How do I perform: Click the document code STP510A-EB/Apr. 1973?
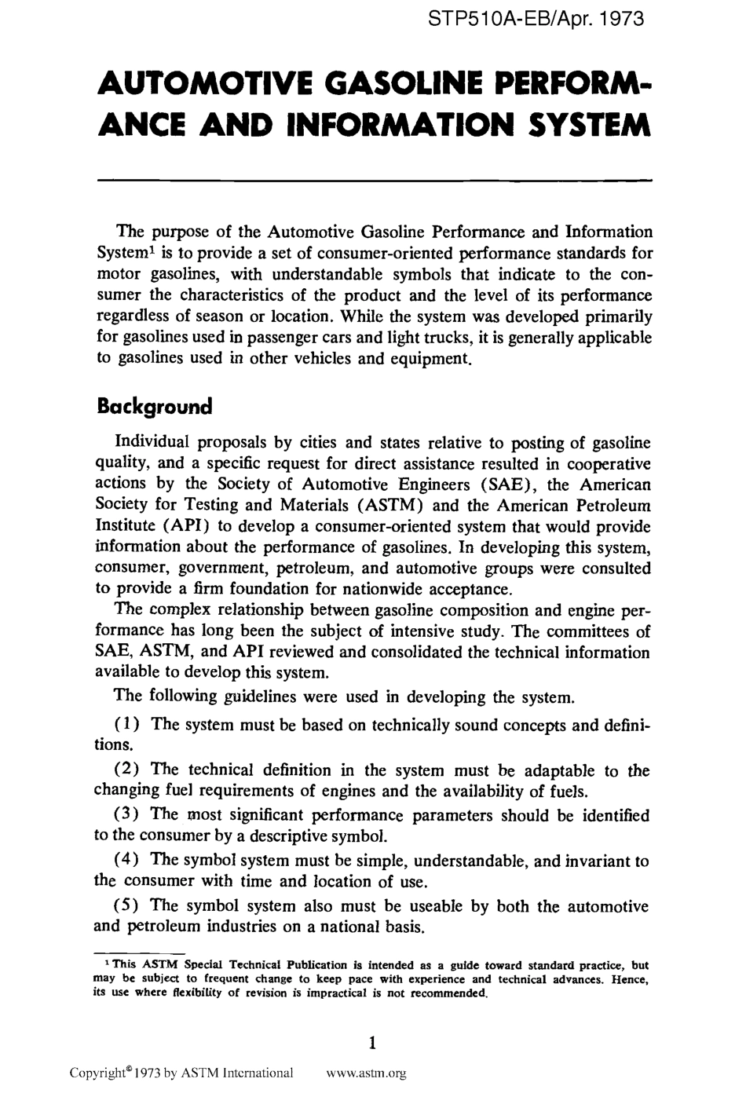[537, 19]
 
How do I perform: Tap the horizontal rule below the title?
[375, 180]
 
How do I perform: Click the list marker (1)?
[128, 724]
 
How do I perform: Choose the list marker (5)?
[128, 906]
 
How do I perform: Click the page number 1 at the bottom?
[373, 1044]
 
